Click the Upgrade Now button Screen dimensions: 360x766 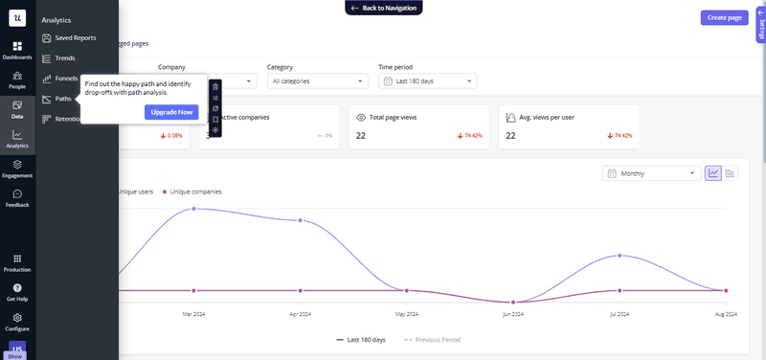172,112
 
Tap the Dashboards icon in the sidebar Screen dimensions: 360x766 17,50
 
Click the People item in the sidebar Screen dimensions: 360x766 17,79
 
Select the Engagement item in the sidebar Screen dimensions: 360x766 17,169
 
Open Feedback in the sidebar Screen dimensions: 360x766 17,197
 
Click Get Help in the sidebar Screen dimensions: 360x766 17,291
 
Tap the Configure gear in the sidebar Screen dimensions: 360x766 17,320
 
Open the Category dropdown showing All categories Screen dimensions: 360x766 317,81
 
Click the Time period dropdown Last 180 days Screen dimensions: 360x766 427,81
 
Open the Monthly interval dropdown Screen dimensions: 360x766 651,173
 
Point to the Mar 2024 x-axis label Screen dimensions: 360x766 194,313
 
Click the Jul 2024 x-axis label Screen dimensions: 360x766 620,313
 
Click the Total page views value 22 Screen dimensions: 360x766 361,136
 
